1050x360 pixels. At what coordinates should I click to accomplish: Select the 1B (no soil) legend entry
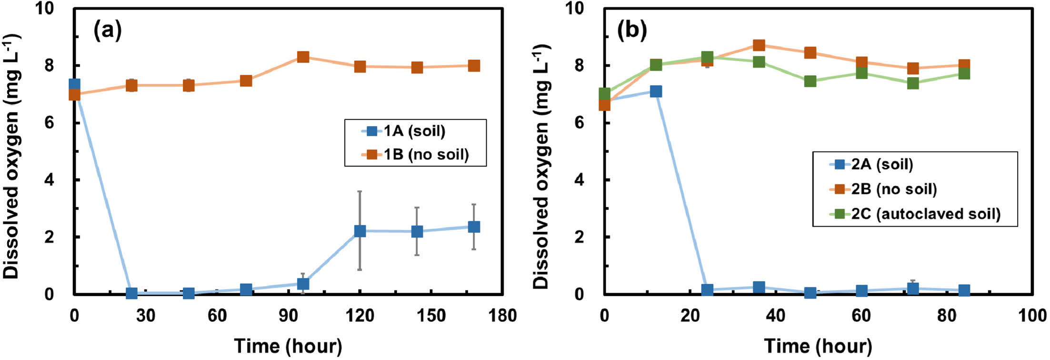[x=425, y=155]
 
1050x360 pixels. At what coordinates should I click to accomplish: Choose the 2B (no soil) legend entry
[x=893, y=189]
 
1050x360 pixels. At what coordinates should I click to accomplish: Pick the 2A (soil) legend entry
[x=881, y=164]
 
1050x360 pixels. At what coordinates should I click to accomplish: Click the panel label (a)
[x=108, y=31]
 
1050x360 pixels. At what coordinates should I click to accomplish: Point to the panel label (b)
[x=632, y=31]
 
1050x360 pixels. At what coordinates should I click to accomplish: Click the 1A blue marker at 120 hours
[x=360, y=231]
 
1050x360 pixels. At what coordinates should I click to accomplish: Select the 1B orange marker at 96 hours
[x=303, y=57]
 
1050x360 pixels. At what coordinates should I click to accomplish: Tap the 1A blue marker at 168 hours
[x=474, y=227]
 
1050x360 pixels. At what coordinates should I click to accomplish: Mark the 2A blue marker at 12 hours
[x=656, y=91]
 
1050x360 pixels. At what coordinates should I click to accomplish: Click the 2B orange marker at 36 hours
[x=759, y=45]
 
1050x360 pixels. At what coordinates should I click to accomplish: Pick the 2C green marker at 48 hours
[x=810, y=81]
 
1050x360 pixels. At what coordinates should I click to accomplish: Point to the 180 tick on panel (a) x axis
[x=503, y=315]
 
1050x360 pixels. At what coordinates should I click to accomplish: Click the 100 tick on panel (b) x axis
[x=1031, y=315]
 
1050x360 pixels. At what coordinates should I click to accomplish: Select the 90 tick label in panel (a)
[x=289, y=315]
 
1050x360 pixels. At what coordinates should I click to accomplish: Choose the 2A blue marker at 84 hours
[x=964, y=290]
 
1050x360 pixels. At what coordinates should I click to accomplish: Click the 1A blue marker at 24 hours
[x=131, y=293]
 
